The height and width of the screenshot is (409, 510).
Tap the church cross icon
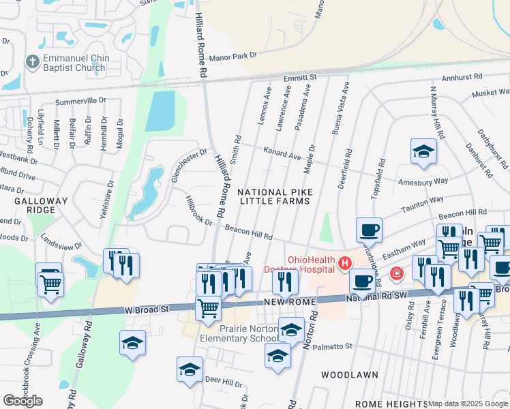click(x=31, y=62)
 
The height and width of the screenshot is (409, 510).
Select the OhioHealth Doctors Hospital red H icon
click(x=346, y=262)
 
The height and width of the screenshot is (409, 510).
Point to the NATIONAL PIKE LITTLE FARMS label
click(x=274, y=197)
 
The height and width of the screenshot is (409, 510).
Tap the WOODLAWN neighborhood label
click(x=344, y=375)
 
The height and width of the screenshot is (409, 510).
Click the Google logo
click(x=22, y=401)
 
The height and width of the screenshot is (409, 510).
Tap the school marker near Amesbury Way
click(x=423, y=151)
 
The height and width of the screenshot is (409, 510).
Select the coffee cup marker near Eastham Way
click(x=369, y=230)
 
